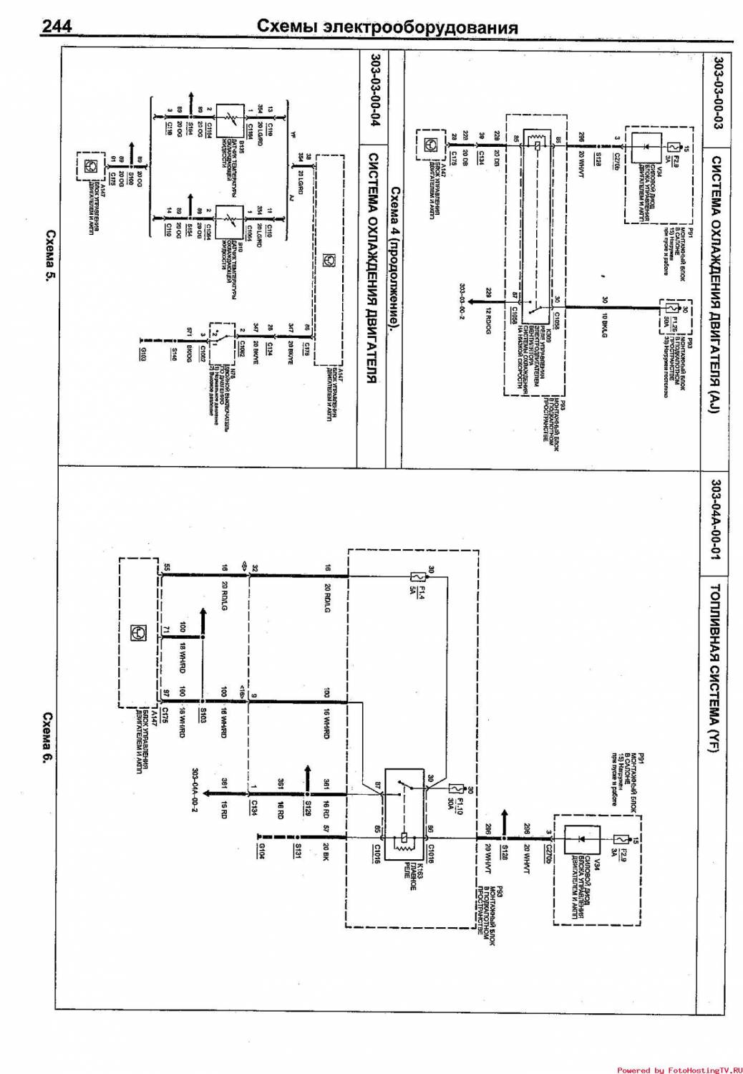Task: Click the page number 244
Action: point(57,27)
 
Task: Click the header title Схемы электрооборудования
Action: point(387,27)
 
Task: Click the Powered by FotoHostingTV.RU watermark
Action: point(677,1070)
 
